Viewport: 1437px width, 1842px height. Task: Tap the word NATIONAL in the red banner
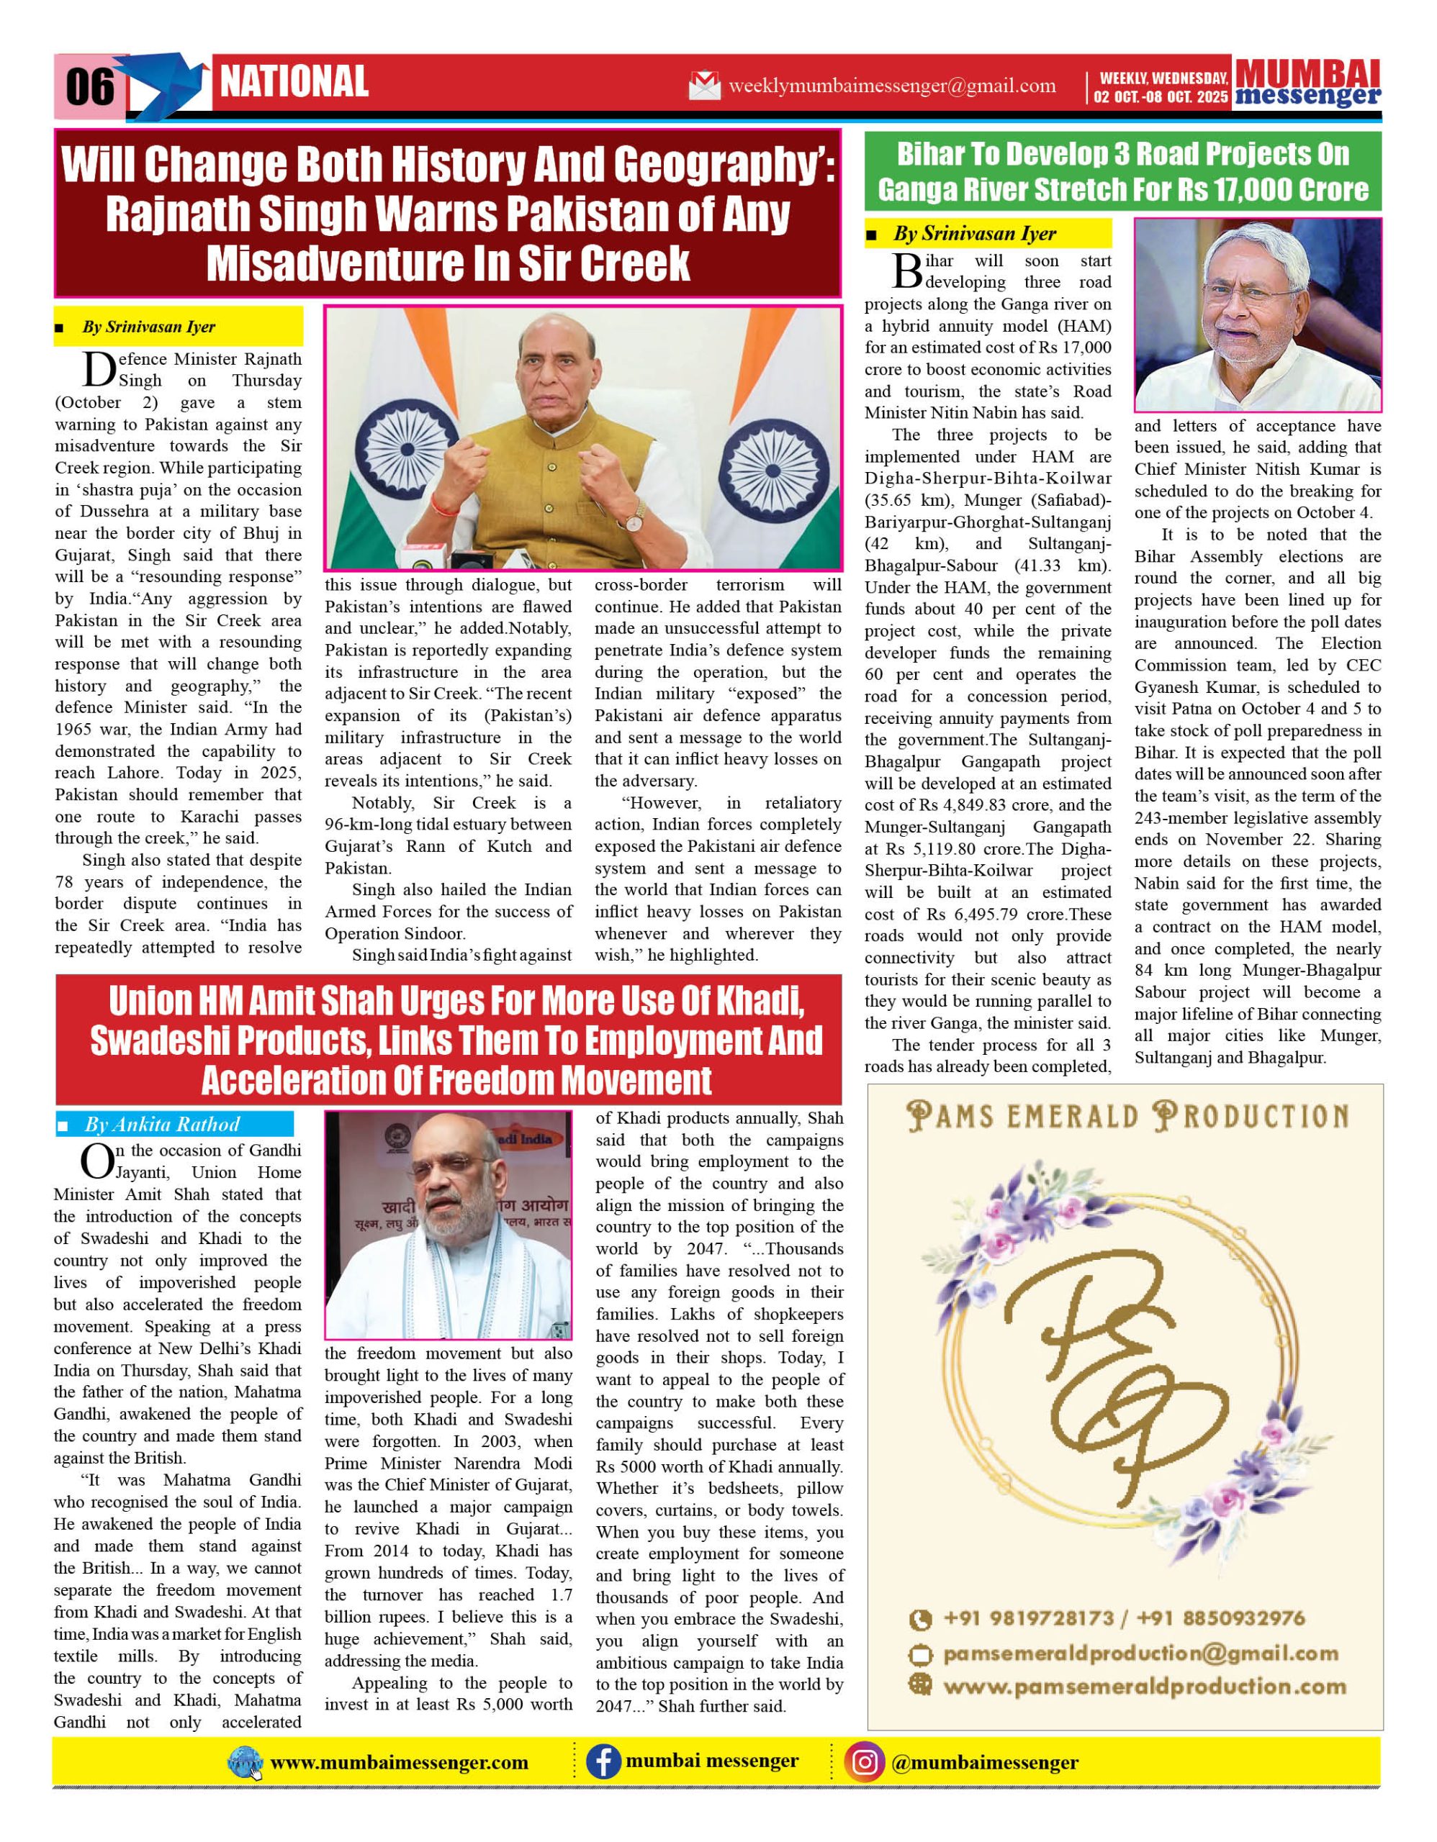pos(294,82)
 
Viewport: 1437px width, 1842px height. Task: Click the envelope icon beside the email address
pos(705,86)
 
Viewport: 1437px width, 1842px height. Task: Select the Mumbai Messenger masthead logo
pos(1308,83)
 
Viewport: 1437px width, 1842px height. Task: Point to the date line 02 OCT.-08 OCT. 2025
pos(1161,97)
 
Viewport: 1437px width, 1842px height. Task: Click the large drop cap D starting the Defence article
pos(99,368)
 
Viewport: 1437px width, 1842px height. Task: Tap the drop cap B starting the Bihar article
pos(907,271)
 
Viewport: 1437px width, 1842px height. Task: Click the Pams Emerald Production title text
pos(1127,1117)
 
